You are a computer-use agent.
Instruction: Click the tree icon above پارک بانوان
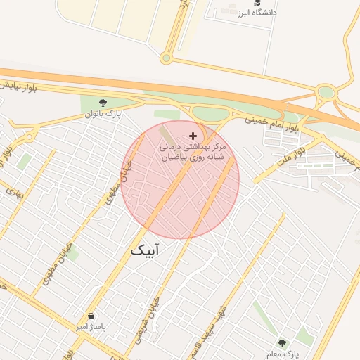point(103,103)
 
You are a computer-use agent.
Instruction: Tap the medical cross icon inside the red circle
point(193,135)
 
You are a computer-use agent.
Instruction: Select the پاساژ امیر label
point(90,327)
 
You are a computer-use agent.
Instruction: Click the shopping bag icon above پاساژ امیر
point(90,316)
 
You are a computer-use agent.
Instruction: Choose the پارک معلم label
point(283,354)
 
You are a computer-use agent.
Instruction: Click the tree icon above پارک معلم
point(282,343)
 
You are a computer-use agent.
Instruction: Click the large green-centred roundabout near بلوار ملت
point(326,92)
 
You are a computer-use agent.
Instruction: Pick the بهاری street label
point(13,191)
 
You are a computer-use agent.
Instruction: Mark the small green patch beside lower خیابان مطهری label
point(71,254)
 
